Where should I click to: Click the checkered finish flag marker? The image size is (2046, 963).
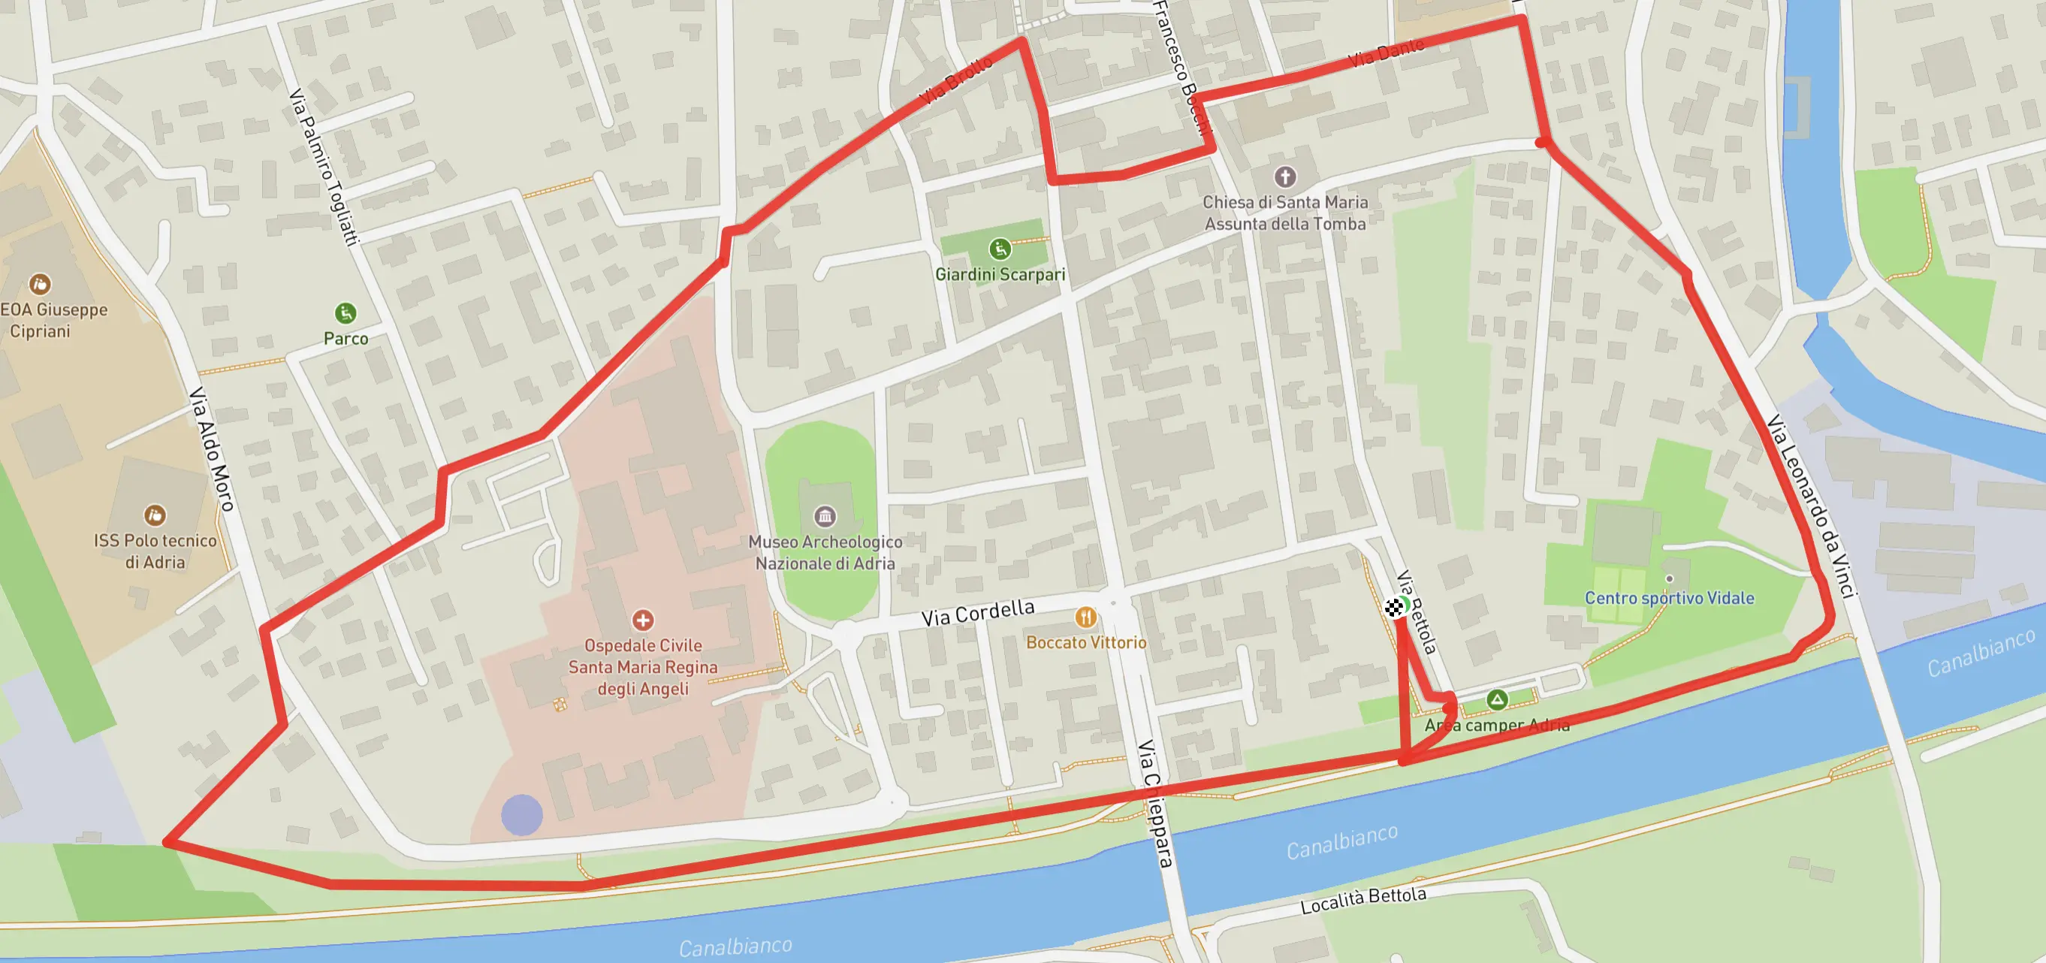pyautogui.click(x=1394, y=608)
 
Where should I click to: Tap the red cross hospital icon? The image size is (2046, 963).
pyautogui.click(x=642, y=620)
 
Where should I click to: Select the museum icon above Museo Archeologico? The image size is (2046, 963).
pyautogui.click(x=825, y=517)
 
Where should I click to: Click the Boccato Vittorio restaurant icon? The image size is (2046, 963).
pyautogui.click(x=1085, y=617)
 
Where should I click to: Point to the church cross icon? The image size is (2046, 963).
pyautogui.click(x=1284, y=177)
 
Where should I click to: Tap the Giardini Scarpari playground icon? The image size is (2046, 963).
pyautogui.click(x=999, y=249)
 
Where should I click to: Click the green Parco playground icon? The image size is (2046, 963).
pyautogui.click(x=345, y=313)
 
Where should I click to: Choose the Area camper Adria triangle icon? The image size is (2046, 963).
pyautogui.click(x=1496, y=699)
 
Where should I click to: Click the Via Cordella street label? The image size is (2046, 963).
pyautogui.click(x=977, y=613)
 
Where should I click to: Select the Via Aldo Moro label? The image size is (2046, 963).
pyautogui.click(x=211, y=449)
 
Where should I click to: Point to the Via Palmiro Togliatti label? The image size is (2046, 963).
pyautogui.click(x=324, y=166)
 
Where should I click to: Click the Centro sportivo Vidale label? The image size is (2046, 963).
pyautogui.click(x=1669, y=598)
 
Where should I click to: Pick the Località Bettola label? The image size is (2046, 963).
pyautogui.click(x=1362, y=900)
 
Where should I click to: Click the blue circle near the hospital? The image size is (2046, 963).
pyautogui.click(x=522, y=815)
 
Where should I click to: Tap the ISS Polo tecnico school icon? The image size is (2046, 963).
pyautogui.click(x=154, y=515)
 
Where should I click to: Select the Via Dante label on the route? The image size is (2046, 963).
pyautogui.click(x=1386, y=53)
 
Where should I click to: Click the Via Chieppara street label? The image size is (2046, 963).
pyautogui.click(x=1156, y=802)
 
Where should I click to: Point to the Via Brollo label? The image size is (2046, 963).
pyautogui.click(x=956, y=80)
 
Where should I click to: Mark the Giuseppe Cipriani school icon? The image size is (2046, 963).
pyautogui.click(x=40, y=284)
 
